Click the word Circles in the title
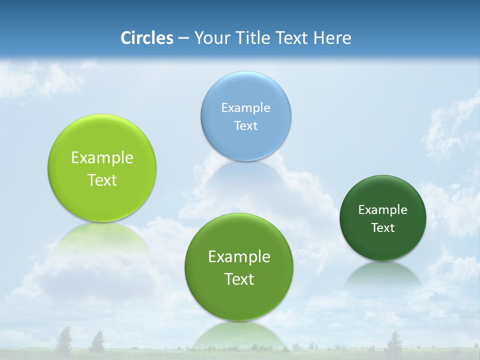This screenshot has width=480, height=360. point(146,38)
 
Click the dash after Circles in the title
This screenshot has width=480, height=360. point(183,38)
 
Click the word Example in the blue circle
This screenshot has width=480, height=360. point(245,107)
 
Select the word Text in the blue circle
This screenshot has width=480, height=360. point(245,125)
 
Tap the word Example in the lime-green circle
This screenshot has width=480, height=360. point(102,158)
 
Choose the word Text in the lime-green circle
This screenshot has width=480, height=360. point(102,180)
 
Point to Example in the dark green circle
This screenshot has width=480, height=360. point(382,209)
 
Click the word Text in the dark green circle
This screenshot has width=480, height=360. point(382,227)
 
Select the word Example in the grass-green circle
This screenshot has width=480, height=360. point(239,257)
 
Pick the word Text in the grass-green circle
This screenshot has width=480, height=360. point(239,279)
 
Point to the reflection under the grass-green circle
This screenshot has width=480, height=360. point(239,335)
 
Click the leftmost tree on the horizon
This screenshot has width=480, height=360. point(63,340)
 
